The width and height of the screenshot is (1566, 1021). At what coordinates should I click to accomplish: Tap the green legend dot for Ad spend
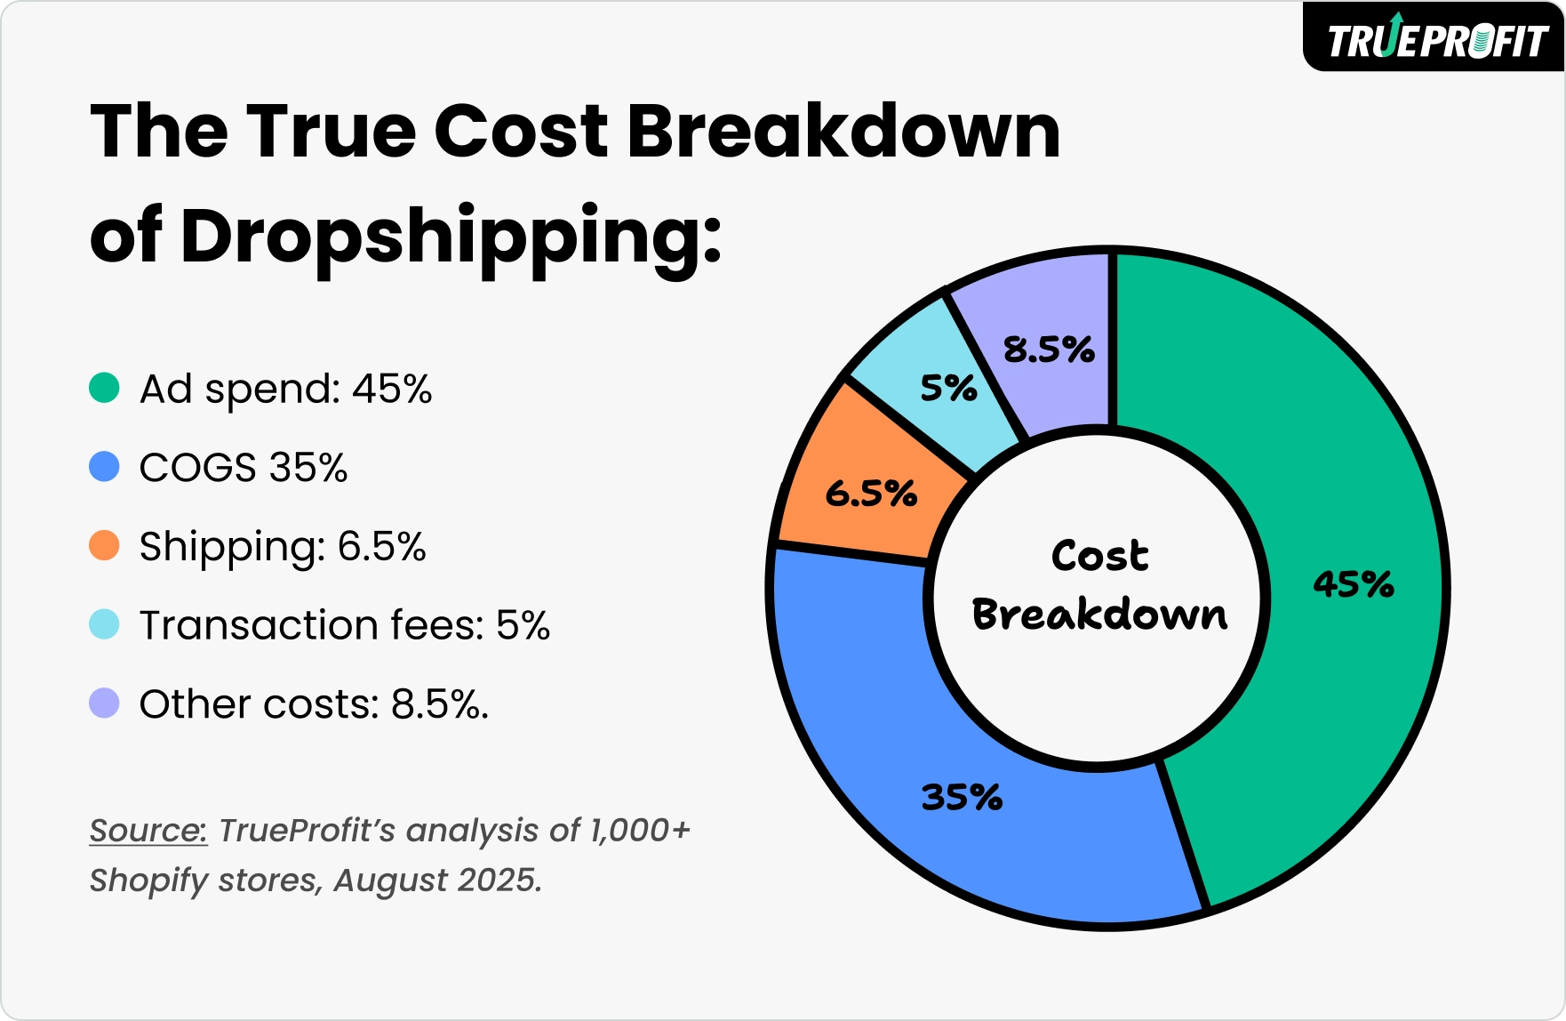click(104, 389)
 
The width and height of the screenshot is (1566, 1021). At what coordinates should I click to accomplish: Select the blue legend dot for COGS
click(104, 467)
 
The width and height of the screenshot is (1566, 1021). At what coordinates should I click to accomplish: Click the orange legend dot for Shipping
click(104, 545)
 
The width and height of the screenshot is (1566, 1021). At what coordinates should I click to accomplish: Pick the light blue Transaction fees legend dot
click(104, 624)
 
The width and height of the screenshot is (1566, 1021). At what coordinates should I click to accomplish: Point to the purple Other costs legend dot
click(104, 703)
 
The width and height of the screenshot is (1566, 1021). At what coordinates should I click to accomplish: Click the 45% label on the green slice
click(1353, 584)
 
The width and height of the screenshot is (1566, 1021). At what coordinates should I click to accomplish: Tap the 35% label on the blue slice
click(962, 797)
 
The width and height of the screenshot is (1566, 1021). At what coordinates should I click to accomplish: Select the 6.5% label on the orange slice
click(871, 494)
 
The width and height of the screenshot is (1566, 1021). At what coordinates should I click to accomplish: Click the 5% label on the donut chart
click(948, 389)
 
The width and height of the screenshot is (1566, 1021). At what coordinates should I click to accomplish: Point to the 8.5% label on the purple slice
click(1049, 350)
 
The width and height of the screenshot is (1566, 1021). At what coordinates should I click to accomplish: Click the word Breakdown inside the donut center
click(1099, 615)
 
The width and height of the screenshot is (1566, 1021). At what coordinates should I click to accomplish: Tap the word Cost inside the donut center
click(1099, 556)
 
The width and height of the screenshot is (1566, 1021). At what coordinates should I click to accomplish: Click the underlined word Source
click(148, 830)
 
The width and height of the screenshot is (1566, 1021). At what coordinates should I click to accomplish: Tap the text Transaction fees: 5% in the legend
click(345, 624)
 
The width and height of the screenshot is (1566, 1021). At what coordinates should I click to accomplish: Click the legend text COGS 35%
click(244, 467)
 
